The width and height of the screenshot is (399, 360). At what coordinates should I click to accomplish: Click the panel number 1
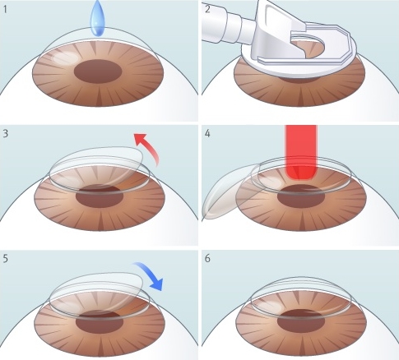pos(5,10)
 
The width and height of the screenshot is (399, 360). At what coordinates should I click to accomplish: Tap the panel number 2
pos(207,9)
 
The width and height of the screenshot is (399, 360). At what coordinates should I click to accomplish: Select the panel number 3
pos(6,133)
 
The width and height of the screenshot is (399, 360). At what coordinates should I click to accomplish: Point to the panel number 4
pos(207,134)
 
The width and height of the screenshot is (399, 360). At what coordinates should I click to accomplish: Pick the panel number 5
pos(6,259)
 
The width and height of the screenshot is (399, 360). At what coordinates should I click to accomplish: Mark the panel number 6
pos(207,259)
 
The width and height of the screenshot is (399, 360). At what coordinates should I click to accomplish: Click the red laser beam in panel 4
pos(301,151)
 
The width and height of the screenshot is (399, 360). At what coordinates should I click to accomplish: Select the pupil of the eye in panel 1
pos(98,72)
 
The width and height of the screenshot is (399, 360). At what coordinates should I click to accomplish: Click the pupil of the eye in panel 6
pos(301,320)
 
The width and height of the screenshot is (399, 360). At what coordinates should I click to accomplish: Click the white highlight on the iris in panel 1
pos(66,58)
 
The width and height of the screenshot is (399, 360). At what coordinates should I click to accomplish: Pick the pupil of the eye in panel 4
pos(301,196)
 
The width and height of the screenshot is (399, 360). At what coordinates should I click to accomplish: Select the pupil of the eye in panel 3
pos(100,196)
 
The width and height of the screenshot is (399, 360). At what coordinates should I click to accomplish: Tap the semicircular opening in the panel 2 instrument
pos(310,47)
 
